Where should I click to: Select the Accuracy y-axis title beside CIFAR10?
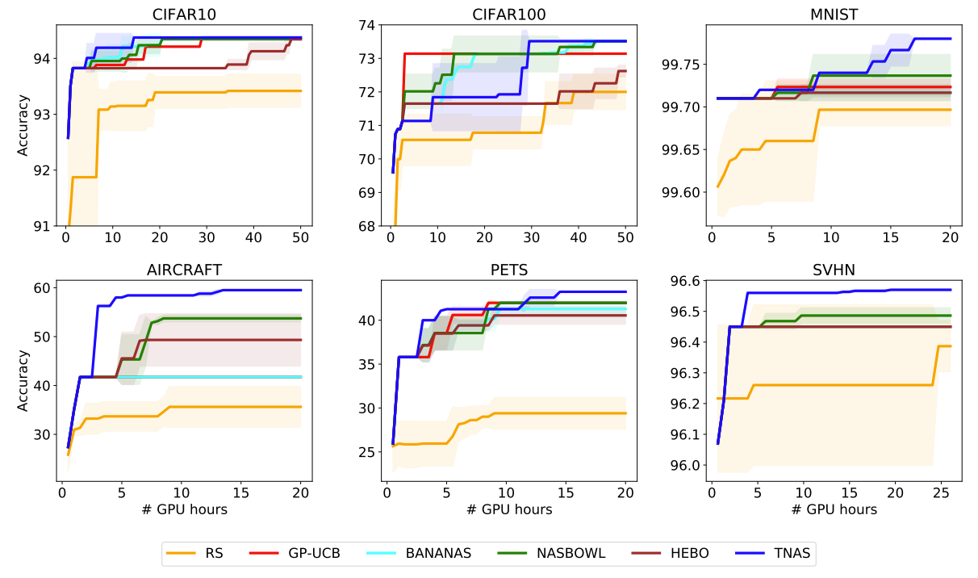pyautogui.click(x=22, y=124)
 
